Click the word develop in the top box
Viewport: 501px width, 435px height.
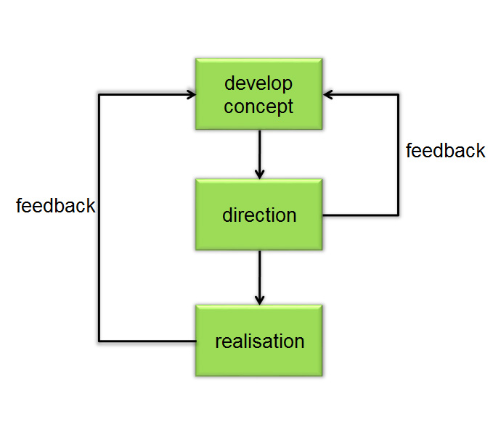tap(258, 84)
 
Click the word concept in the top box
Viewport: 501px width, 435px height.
tap(258, 107)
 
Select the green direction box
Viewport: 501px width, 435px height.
tap(258, 215)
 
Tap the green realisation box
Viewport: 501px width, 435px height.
tap(258, 341)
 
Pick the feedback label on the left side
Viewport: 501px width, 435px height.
tap(56, 205)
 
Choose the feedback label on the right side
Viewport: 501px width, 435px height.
tap(445, 150)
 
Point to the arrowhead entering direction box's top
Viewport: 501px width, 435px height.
tap(259, 175)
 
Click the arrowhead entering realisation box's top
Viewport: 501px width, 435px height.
tap(259, 301)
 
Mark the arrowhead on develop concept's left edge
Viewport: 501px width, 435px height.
tap(192, 94)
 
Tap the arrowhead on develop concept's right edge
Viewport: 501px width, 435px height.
tap(327, 94)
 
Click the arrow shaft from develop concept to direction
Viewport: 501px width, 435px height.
tap(259, 154)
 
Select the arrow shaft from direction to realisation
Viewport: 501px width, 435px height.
tap(259, 278)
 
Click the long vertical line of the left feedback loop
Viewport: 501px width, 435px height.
tap(99, 218)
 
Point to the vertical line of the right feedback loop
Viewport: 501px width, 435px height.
tap(398, 154)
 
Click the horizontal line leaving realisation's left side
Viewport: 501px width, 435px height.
tap(147, 341)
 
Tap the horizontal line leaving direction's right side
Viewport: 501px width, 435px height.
tap(361, 215)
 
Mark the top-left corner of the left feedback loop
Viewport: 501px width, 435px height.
tap(99, 94)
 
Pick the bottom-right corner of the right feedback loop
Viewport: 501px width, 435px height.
tap(398, 215)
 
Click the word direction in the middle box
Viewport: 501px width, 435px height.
tap(259, 215)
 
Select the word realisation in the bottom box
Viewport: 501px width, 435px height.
tap(260, 341)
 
